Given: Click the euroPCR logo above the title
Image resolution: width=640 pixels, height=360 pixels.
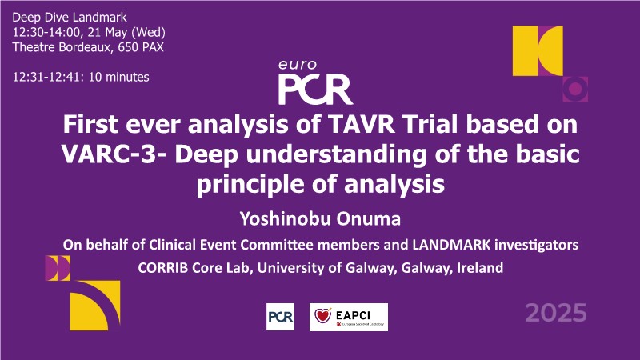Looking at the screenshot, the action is point(315,82).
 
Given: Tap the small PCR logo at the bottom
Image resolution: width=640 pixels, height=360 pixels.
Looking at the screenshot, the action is point(281,317).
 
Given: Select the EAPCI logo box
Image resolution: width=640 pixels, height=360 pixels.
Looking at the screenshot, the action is point(349,317).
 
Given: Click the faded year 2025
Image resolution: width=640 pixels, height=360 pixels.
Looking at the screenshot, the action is point(556,313).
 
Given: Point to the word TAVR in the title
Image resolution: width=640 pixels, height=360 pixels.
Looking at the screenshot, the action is point(362,125).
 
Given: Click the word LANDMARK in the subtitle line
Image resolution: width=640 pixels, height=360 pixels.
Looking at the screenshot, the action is point(451,245).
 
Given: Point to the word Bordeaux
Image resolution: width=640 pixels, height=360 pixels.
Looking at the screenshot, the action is point(85,47).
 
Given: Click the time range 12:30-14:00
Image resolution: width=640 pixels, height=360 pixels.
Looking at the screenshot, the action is point(46,32).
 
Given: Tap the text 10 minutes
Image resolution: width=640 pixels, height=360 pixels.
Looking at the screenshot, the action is point(118,77).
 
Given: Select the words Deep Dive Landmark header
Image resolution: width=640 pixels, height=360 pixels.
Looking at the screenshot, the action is point(70,18).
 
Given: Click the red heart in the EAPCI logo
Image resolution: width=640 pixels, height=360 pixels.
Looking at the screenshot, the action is point(322,315).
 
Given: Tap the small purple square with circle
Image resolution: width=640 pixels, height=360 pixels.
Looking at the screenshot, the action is point(575,89).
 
